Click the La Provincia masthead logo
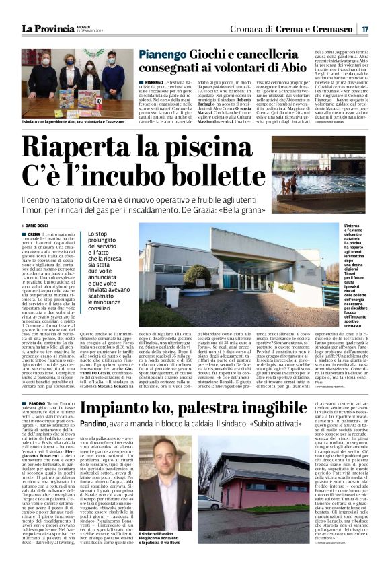click(x=47, y=28)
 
